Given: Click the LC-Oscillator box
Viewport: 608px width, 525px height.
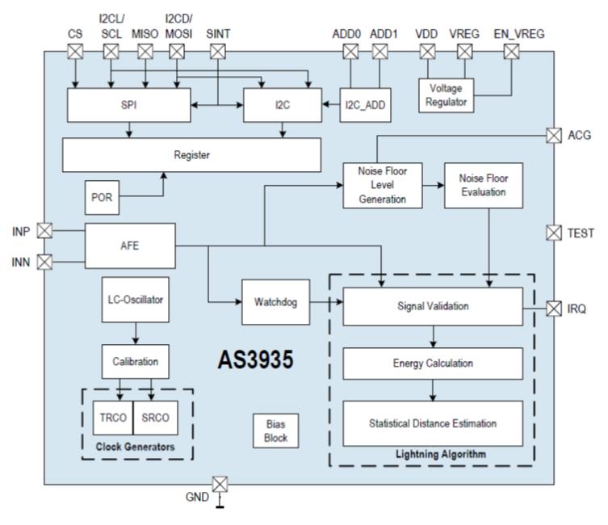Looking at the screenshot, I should coord(134,300).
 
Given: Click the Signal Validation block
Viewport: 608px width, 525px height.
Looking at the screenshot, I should coord(433,306).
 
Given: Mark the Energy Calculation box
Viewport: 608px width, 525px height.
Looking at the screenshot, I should coord(433,363).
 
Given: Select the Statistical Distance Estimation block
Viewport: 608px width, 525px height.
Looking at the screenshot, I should coord(433,423).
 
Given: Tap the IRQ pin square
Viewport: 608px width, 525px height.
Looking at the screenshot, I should coord(554,308).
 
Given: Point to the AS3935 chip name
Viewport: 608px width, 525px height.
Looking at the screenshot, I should coord(255,360).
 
